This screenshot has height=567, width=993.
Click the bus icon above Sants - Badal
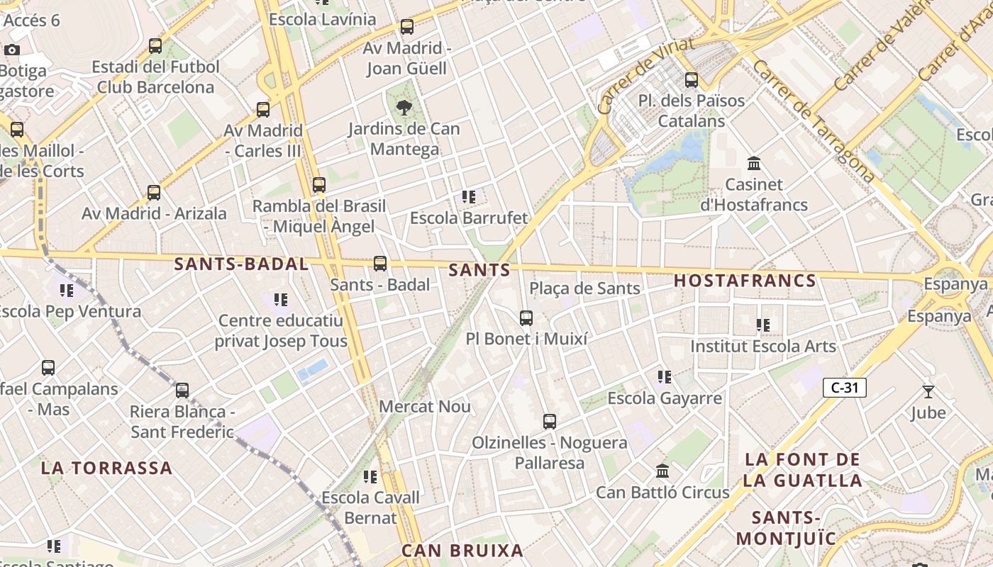tap(380, 264)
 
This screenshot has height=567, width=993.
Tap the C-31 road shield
tap(844, 388)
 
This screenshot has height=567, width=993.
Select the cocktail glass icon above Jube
tap(928, 391)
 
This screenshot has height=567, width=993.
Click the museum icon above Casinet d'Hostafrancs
tap(754, 164)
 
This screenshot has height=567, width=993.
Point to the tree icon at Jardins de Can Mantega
tap(404, 108)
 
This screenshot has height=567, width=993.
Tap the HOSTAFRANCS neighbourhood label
tap(745, 281)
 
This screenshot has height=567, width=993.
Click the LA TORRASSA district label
tap(106, 468)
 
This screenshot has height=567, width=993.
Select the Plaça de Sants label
tap(584, 288)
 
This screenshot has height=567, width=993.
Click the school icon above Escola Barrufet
tap(468, 196)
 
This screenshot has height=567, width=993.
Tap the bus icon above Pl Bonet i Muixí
tap(526, 318)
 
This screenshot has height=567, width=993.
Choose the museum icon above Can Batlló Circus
tap(662, 471)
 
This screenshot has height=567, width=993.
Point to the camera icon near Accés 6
tap(12, 50)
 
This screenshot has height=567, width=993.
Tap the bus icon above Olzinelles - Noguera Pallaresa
tap(550, 422)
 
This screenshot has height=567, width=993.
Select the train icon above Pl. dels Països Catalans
tap(692, 80)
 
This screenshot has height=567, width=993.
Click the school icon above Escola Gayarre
tap(665, 377)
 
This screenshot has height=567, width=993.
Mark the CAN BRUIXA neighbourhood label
tap(462, 551)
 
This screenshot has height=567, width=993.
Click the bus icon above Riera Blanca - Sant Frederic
tap(182, 391)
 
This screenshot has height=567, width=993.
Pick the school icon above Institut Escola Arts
tap(763, 325)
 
